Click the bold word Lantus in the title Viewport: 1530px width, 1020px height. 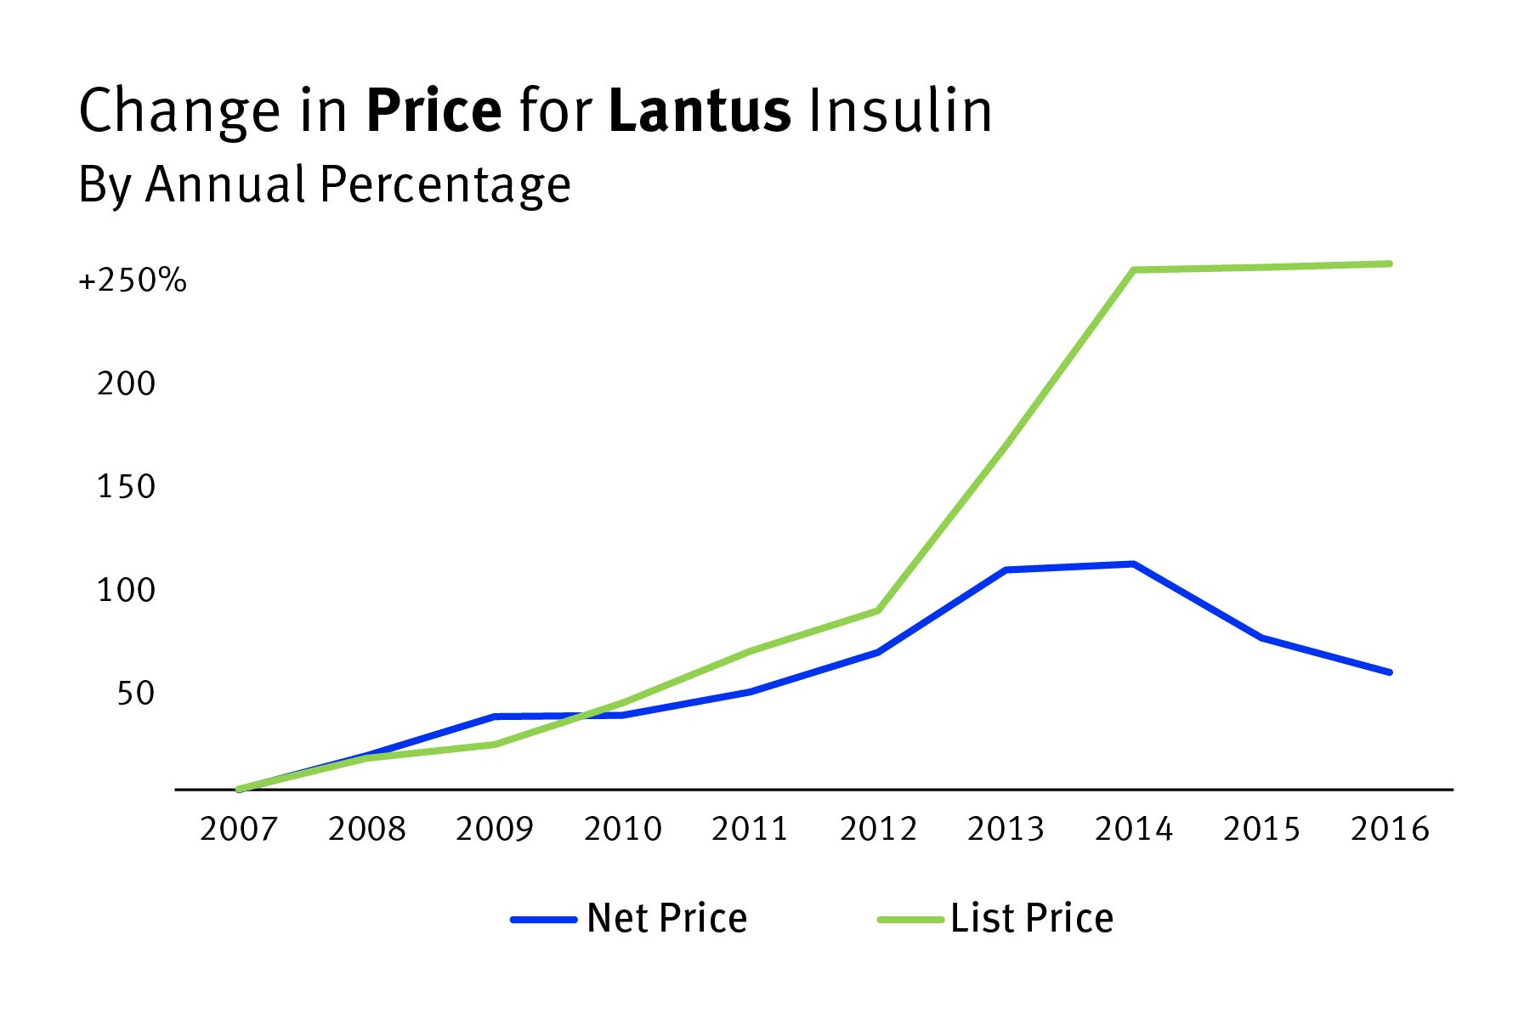tap(700, 111)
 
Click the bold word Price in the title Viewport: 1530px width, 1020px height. tap(433, 111)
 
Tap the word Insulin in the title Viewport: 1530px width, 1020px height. tap(900, 111)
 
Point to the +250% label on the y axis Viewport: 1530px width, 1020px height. tap(133, 280)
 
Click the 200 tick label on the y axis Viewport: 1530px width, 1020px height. tap(126, 384)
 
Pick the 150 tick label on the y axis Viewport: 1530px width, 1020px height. tap(126, 487)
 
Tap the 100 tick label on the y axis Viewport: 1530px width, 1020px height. tap(126, 590)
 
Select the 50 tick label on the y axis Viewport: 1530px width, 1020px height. tap(136, 694)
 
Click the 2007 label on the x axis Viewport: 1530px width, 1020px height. tap(239, 829)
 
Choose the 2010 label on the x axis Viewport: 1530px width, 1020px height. tap(622, 829)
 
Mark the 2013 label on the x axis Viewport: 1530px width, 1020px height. tap(1006, 829)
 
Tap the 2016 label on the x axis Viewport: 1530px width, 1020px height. tap(1390, 829)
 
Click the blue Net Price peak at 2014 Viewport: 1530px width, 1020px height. tap(1134, 564)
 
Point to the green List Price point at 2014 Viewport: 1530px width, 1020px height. tap(1134, 270)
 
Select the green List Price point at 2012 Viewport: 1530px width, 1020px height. tap(877, 610)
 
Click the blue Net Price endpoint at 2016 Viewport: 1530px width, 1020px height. tap(1389, 672)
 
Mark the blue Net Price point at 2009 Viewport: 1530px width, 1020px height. tap(495, 717)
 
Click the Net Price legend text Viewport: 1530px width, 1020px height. tap(666, 919)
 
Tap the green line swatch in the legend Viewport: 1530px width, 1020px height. tap(910, 920)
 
